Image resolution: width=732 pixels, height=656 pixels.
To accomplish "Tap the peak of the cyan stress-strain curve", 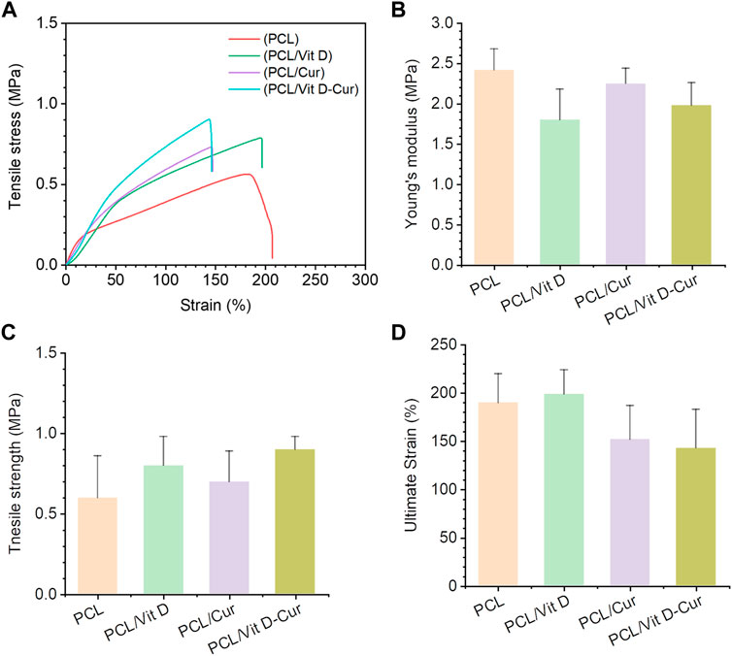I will [x=210, y=119].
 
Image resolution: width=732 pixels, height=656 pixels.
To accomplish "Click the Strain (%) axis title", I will [x=214, y=302].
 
